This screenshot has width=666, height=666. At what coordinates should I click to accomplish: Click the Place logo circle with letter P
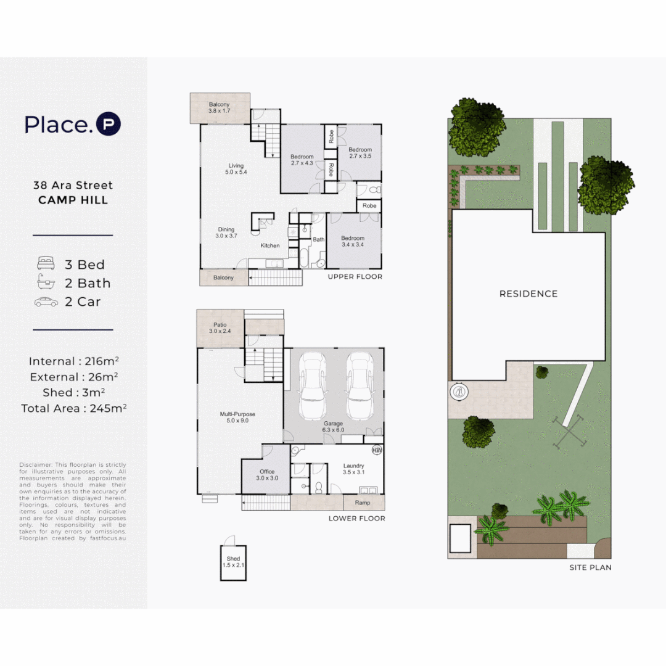(109, 124)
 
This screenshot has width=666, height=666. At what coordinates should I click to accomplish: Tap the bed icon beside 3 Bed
(46, 264)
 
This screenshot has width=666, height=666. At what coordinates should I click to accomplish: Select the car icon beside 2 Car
(46, 302)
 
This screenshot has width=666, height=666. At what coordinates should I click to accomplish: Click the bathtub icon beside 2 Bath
(46, 282)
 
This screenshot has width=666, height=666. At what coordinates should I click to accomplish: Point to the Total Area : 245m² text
(73, 408)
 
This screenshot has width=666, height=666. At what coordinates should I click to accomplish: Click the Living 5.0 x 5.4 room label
(236, 169)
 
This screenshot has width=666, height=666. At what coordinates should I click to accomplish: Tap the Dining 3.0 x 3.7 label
(226, 232)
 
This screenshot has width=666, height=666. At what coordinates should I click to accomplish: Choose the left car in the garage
(312, 386)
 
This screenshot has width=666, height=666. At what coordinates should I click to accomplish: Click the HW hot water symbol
(377, 450)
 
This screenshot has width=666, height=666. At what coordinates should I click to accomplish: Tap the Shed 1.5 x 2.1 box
(234, 562)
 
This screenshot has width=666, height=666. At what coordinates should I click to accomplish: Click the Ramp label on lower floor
(363, 503)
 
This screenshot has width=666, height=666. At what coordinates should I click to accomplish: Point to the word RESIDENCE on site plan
(528, 294)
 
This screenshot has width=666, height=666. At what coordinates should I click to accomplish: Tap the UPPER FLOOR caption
(355, 277)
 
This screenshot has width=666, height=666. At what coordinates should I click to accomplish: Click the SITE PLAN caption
(590, 567)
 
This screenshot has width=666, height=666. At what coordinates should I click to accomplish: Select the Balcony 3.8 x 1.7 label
(220, 108)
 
